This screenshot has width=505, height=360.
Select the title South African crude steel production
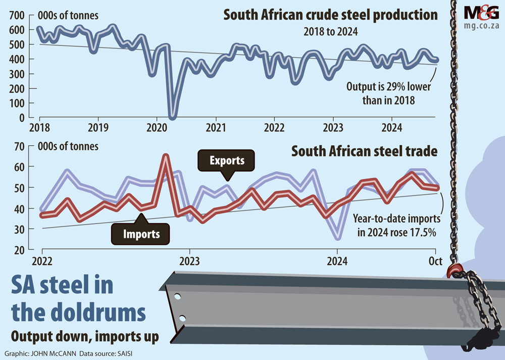click(x=331, y=15)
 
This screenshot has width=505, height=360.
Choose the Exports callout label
click(x=227, y=161)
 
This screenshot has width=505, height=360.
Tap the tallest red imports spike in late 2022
click(x=165, y=156)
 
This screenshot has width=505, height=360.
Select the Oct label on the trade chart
click(x=435, y=261)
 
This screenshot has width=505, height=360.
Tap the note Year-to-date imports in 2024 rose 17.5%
click(x=396, y=226)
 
